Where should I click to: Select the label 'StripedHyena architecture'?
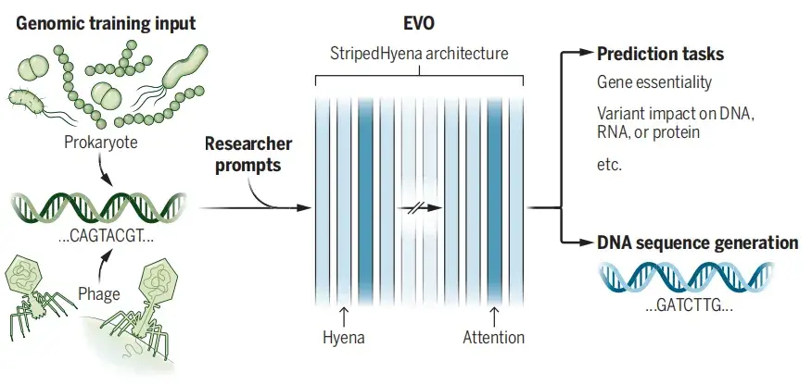pos(420,53)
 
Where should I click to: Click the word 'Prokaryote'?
pos(102,144)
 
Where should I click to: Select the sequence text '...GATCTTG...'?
pos(688,304)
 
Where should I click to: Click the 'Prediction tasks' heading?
pos(660,55)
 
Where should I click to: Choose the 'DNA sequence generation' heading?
pos(697,243)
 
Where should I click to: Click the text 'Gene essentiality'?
pos(654,83)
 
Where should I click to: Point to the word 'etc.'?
pos(609,165)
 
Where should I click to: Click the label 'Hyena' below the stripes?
pos(344,338)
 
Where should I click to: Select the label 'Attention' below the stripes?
pos(493,338)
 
